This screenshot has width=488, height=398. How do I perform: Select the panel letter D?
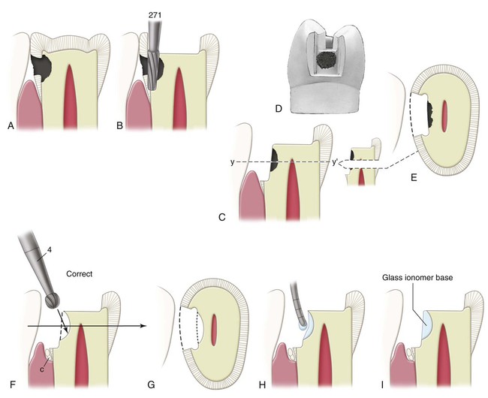tap(279, 109)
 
